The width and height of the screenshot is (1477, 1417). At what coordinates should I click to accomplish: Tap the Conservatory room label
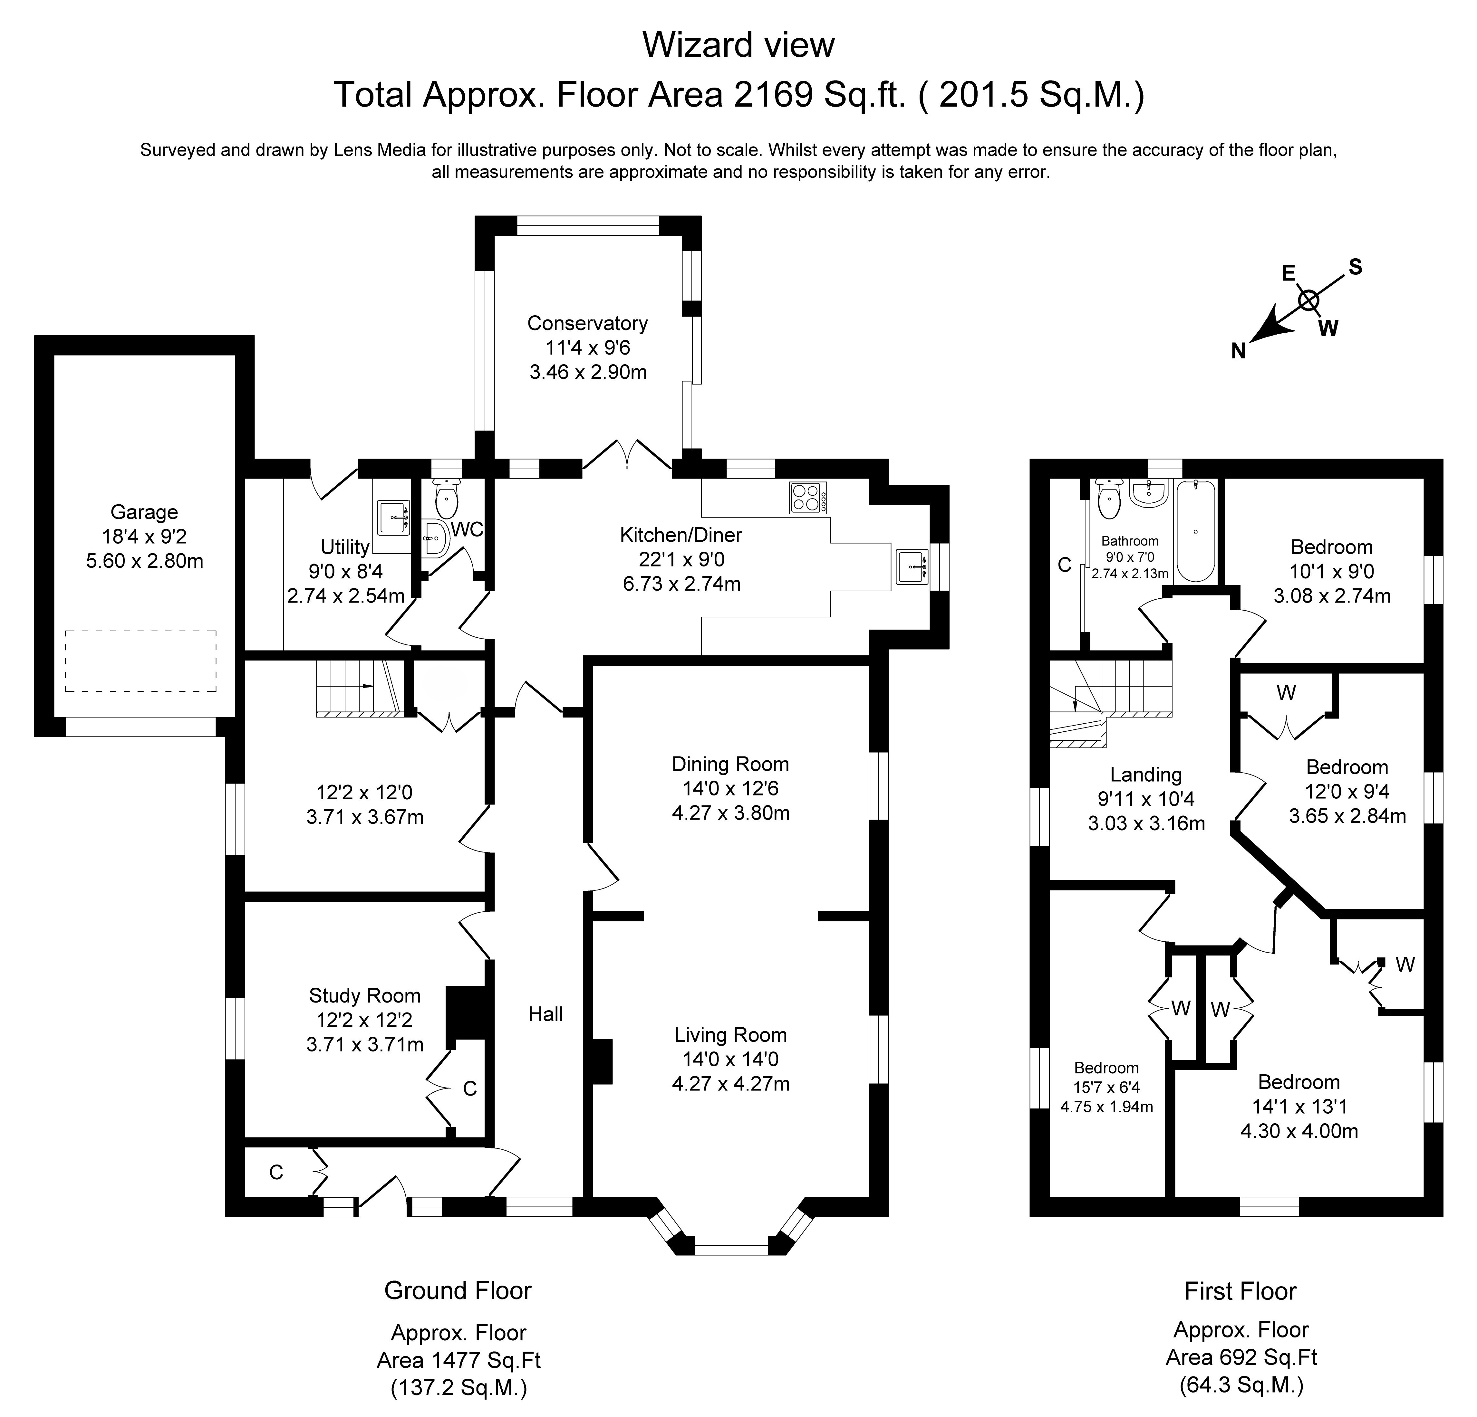[587, 323]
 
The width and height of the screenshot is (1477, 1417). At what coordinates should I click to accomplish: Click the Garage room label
[144, 512]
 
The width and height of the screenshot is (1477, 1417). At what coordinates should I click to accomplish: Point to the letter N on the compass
[1238, 351]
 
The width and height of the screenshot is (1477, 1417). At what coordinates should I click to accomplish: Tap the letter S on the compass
[1355, 267]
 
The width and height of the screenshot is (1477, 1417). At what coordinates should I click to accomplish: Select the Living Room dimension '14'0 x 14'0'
[730, 1059]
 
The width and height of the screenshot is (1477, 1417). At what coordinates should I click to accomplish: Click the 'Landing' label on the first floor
[1145, 775]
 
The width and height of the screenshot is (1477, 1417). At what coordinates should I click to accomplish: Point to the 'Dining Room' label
[730, 764]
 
